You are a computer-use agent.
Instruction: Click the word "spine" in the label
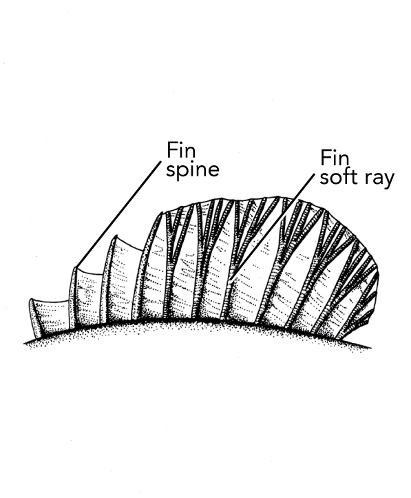pyautogui.click(x=193, y=171)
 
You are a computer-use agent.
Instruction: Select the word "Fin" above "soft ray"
pyautogui.click(x=335, y=158)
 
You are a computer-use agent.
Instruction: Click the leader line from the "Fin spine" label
pyautogui.click(x=119, y=214)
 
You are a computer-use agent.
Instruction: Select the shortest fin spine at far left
pyautogui.click(x=35, y=318)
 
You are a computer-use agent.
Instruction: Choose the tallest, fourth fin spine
pyautogui.click(x=147, y=266)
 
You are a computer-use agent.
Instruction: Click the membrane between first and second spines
pyautogui.click(x=55, y=315)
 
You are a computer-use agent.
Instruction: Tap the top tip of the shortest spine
pyautogui.click(x=32, y=300)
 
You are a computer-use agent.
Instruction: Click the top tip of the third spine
pyautogui.click(x=116, y=237)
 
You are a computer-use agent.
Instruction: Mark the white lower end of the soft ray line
pyautogui.click(x=231, y=281)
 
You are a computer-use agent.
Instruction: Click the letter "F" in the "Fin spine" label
pyautogui.click(x=172, y=150)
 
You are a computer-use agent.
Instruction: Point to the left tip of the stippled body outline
pyautogui.click(x=25, y=343)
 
